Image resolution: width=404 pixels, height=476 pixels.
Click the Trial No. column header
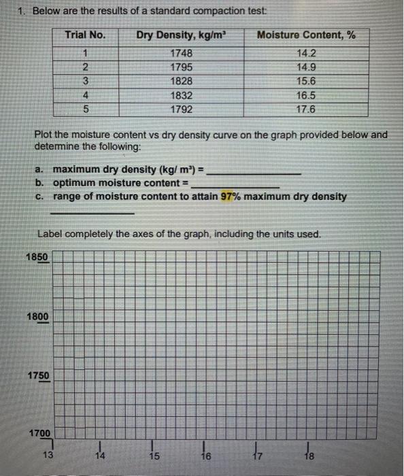point(84,35)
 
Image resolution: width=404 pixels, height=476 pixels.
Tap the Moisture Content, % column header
point(305,35)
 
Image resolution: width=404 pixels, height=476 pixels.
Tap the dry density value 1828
point(181,82)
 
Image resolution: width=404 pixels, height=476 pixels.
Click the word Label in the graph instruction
point(50,234)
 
